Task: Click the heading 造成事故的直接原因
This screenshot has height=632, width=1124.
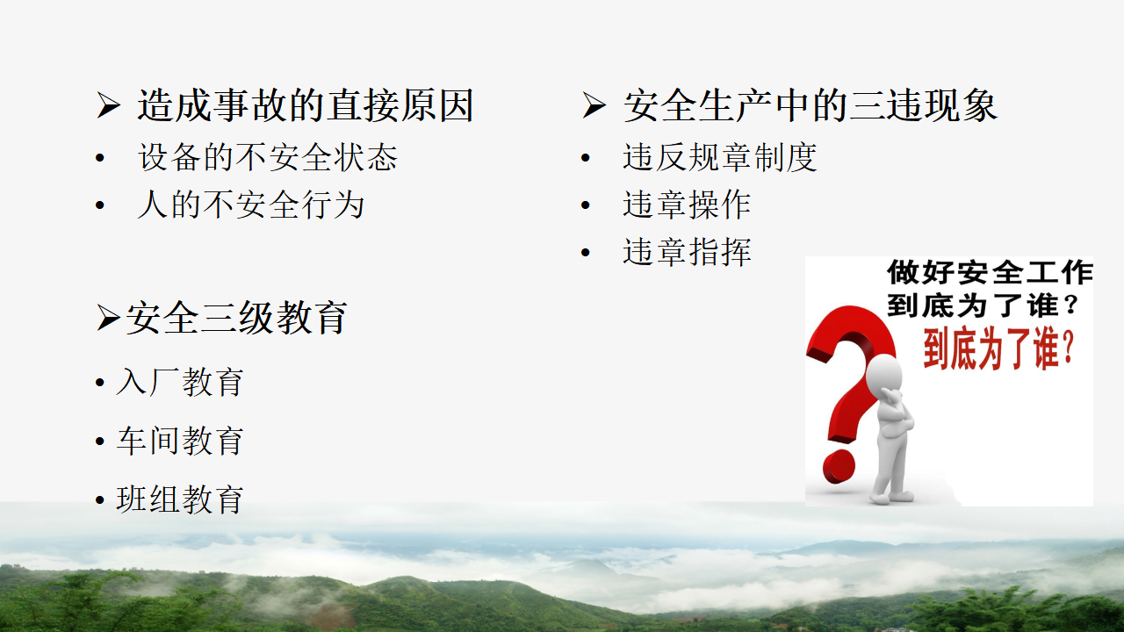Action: [305, 105]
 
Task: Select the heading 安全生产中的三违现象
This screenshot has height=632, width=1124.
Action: [810, 105]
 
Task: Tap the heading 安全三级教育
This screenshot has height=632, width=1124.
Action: [236, 318]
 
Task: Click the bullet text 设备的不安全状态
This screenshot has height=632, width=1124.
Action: [268, 157]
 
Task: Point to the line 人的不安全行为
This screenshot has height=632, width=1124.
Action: [250, 205]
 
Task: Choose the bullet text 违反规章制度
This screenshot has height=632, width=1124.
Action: [720, 157]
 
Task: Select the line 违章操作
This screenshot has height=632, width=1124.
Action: [687, 205]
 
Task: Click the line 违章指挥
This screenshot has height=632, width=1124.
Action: [687, 252]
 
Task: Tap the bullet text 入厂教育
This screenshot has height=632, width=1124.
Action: [180, 382]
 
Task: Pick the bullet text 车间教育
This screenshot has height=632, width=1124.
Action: [180, 441]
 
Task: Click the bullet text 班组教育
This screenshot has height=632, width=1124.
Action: [180, 499]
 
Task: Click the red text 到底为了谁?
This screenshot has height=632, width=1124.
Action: [998, 349]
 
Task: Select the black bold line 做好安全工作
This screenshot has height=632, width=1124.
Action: [990, 272]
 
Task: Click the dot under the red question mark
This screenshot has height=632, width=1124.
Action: [839, 466]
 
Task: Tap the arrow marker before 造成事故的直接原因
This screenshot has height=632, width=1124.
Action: [108, 105]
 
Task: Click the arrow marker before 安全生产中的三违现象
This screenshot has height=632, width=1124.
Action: [594, 105]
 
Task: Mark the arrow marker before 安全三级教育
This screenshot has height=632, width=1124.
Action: [108, 318]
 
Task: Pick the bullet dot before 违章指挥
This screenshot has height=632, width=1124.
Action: [585, 252]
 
